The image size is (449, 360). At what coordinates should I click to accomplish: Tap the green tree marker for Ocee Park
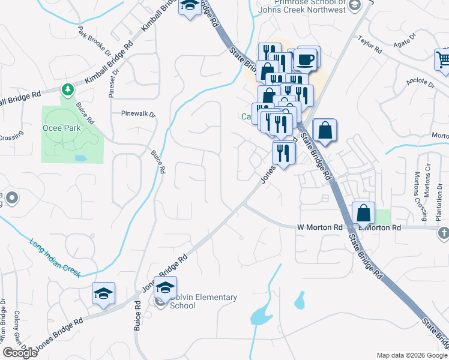point(68,90)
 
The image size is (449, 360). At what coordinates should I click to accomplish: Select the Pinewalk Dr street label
point(138,113)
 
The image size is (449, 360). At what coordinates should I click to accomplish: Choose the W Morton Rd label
point(319,228)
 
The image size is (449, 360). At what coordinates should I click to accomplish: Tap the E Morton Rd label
point(379,228)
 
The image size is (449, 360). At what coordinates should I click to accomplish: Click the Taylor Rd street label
point(370,46)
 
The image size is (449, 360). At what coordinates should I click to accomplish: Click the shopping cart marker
point(443,59)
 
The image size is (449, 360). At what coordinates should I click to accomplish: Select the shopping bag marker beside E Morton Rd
point(364,213)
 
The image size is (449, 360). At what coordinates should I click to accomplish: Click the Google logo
point(20,353)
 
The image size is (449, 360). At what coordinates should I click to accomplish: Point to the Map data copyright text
point(412,355)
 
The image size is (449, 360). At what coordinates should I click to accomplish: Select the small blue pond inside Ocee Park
point(79,158)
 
